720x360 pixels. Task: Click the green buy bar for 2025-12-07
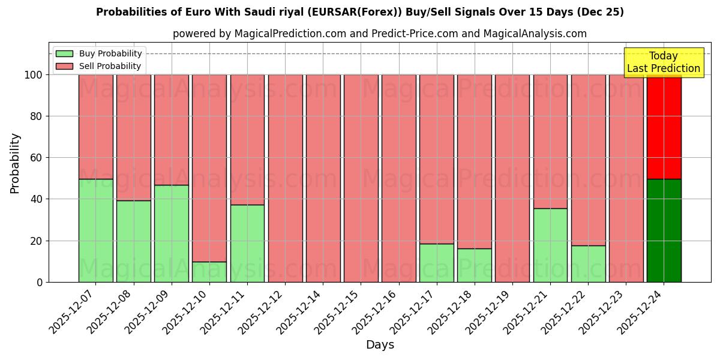coord(95,230)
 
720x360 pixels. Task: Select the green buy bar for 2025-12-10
coord(209,272)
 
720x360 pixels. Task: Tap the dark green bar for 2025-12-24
coord(664,230)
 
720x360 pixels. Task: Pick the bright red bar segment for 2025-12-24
coord(664,127)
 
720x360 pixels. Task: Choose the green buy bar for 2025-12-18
coord(475,265)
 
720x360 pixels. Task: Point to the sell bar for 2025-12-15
coord(361,178)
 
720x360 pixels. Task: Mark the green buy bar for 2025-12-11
coord(247,243)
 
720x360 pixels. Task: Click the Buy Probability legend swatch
coord(64,53)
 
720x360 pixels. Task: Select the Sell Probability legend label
coord(110,66)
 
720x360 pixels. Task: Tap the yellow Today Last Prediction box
coord(664,62)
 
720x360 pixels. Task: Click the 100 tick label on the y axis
coord(34,75)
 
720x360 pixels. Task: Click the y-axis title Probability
coord(15,163)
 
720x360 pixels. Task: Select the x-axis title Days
coord(380,345)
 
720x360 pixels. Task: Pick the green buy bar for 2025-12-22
coord(588,263)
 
